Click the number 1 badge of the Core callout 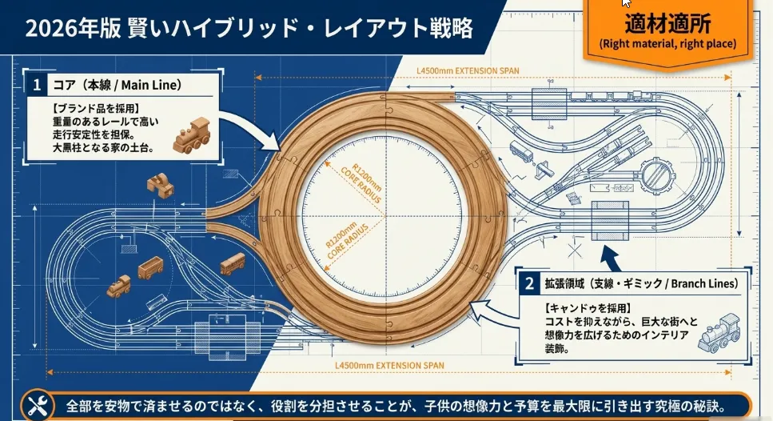pyautogui.click(x=37, y=84)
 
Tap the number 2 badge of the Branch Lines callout pyautogui.click(x=528, y=283)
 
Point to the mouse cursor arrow pyautogui.click(x=626, y=3)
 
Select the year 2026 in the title pyautogui.click(x=47, y=29)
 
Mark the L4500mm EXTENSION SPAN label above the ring pyautogui.click(x=468, y=70)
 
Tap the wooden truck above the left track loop pyautogui.click(x=160, y=186)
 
